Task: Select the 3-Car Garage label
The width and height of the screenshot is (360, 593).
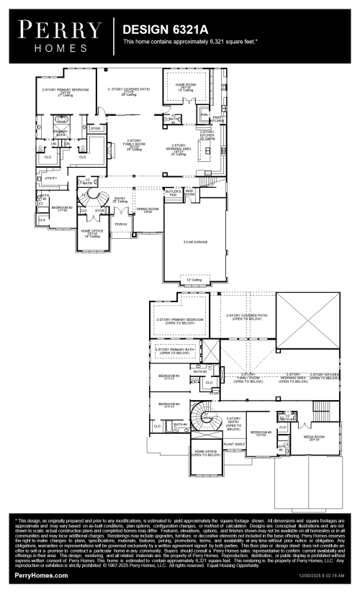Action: click(x=194, y=242)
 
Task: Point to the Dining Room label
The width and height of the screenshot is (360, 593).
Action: click(x=148, y=210)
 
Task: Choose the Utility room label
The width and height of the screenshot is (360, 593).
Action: click(x=51, y=178)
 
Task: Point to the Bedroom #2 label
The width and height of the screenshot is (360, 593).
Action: click(x=59, y=209)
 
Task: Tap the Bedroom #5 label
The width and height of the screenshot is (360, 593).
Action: click(x=259, y=433)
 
